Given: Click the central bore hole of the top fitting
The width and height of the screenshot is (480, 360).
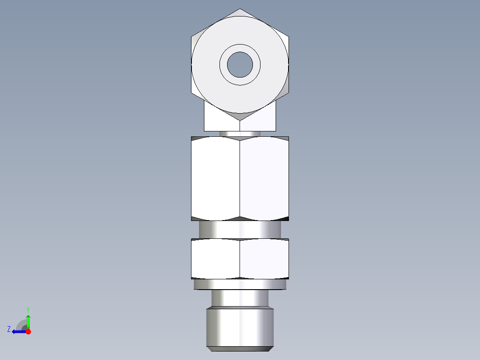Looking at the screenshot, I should pyautogui.click(x=240, y=64).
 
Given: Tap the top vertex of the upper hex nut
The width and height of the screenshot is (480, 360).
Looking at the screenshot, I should pyautogui.click(x=240, y=9).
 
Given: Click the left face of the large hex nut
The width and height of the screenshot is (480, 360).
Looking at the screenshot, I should pyautogui.click(x=216, y=178).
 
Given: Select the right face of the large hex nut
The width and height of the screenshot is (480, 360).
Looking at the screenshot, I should pyautogui.click(x=264, y=178).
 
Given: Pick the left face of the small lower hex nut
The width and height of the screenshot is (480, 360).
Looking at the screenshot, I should pyautogui.click(x=216, y=259).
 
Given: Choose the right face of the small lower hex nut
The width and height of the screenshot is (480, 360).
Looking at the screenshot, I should pyautogui.click(x=264, y=259).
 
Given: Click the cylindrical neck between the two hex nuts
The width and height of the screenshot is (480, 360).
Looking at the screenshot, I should pyautogui.click(x=240, y=230).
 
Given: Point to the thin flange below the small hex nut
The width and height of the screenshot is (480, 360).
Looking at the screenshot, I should pyautogui.click(x=240, y=284).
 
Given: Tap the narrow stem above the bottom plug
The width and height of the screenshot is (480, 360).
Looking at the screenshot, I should pyautogui.click(x=240, y=298).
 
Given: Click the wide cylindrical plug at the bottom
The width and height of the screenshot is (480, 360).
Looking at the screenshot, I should pyautogui.click(x=240, y=325).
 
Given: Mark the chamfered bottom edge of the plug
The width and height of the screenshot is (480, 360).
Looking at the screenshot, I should pyautogui.click(x=240, y=348).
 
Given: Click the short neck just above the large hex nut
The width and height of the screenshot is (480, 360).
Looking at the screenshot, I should pyautogui.click(x=240, y=134).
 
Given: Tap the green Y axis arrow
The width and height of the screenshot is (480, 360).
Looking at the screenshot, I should pyautogui.click(x=28, y=321).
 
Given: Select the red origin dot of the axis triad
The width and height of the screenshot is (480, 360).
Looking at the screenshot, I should pyautogui.click(x=28, y=331).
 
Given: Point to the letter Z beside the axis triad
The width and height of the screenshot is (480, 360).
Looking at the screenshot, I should pyautogui.click(x=9, y=329).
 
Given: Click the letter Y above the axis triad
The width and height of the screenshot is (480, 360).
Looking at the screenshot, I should pyautogui.click(x=28, y=309).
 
